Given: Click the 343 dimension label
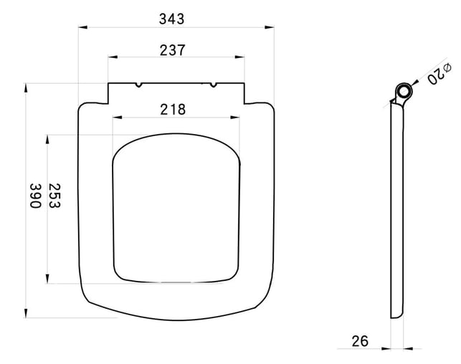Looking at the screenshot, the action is [x=171, y=19].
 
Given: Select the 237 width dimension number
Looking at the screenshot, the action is [x=173, y=50].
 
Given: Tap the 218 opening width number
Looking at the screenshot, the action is [x=173, y=110].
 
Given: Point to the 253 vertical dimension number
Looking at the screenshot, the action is [x=54, y=196].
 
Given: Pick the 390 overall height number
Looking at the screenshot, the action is [x=36, y=196].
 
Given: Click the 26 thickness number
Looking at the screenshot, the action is [x=360, y=341].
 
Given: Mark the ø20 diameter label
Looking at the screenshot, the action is [x=439, y=74].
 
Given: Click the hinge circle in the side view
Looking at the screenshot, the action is [x=404, y=92].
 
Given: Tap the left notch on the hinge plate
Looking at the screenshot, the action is [x=139, y=85].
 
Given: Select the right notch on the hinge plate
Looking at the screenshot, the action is [x=214, y=85].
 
